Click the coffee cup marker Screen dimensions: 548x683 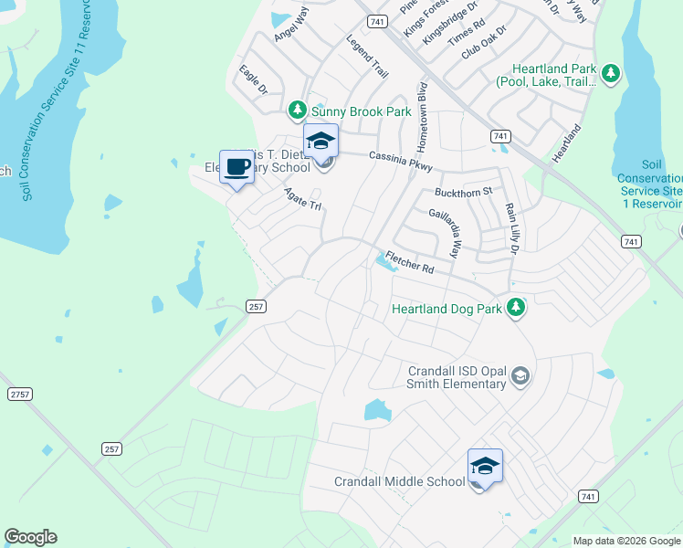(x=237, y=168)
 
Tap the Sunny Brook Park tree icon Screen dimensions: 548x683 (x=297, y=111)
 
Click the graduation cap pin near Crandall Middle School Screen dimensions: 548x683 (x=485, y=466)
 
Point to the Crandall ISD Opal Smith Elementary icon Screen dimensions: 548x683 (x=520, y=376)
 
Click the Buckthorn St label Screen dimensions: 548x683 (x=463, y=192)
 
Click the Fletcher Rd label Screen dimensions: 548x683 (x=407, y=261)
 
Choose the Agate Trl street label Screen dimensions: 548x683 (x=303, y=199)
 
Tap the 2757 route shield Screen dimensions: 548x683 (x=18, y=394)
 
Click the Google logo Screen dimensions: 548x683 (x=30, y=537)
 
